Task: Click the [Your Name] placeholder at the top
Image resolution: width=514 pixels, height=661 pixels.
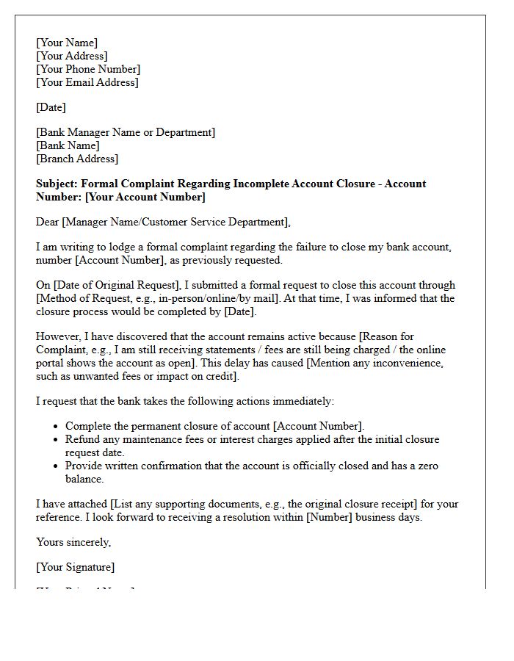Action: point(67,43)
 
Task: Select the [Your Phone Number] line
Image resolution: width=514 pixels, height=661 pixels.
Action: point(88,69)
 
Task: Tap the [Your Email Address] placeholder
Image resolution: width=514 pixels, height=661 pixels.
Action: point(87,82)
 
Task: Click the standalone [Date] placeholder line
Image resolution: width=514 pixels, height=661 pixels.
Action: point(51,107)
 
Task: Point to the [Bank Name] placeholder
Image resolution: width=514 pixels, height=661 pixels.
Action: point(68,145)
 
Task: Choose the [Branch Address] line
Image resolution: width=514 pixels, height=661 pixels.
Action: point(77,159)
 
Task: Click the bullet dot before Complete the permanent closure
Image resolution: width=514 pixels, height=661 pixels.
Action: point(57,427)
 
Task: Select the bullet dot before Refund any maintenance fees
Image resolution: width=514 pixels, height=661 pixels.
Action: point(57,440)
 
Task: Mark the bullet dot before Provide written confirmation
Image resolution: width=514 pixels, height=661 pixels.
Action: point(57,466)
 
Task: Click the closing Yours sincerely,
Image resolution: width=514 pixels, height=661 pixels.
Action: point(73,542)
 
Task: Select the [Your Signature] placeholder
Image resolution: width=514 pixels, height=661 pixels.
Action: point(76,567)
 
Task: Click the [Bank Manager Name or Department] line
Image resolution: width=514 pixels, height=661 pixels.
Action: point(126,132)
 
